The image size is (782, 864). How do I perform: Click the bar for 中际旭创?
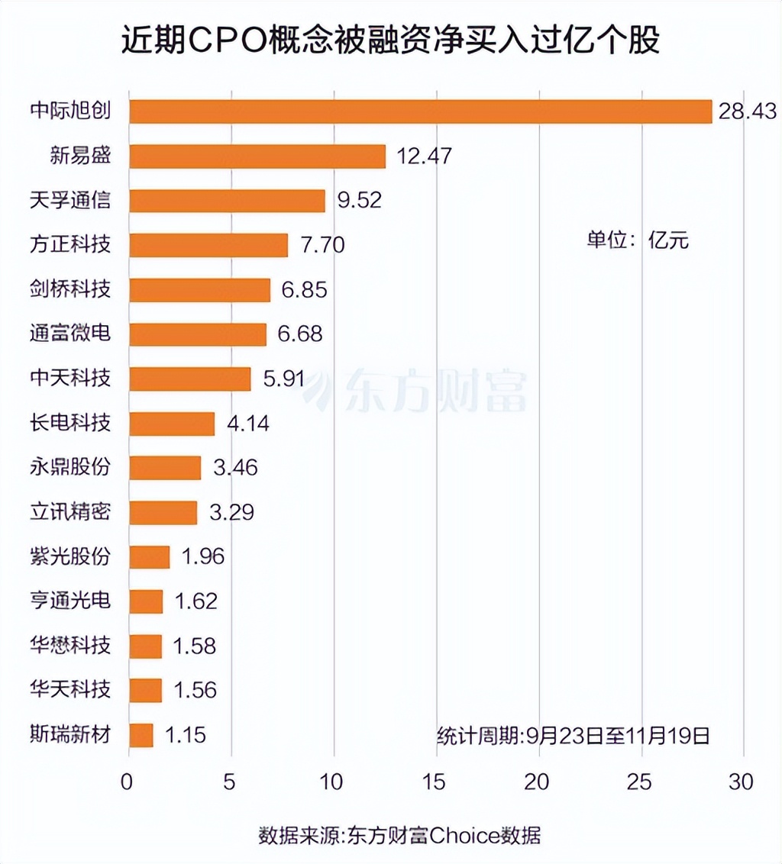point(420,111)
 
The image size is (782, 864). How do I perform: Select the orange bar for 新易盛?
point(257,156)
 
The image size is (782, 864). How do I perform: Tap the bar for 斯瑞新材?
point(141,735)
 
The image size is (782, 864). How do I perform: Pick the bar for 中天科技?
point(190,379)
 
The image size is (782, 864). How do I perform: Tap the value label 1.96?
point(203,556)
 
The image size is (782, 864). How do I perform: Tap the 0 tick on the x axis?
point(127,782)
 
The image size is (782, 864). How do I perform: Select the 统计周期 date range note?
point(574,736)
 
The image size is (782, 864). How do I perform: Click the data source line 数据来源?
point(399,835)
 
